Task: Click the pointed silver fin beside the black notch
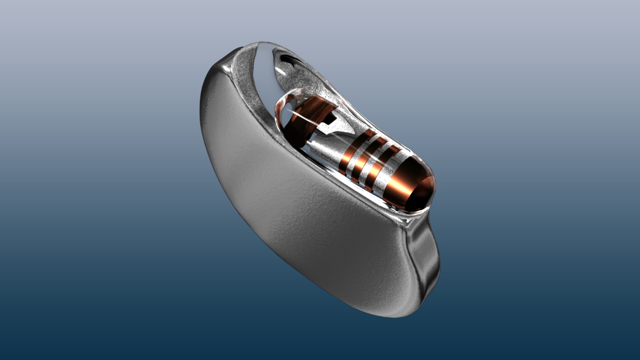tap(337, 128)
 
